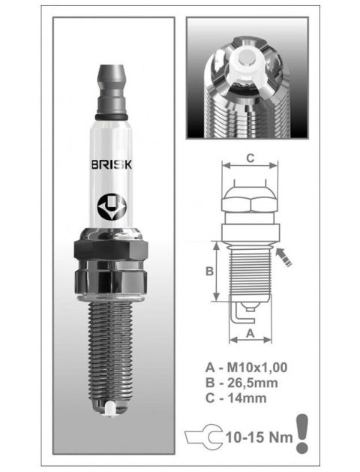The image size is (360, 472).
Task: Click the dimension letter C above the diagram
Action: (252, 159)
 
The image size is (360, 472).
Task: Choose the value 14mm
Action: (251, 397)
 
